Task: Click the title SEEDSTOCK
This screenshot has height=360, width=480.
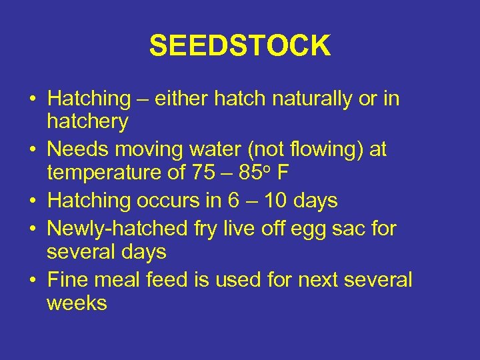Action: pos(239,46)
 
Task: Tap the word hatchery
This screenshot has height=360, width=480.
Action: pos(87,121)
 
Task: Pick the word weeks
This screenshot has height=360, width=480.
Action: pos(77,303)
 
